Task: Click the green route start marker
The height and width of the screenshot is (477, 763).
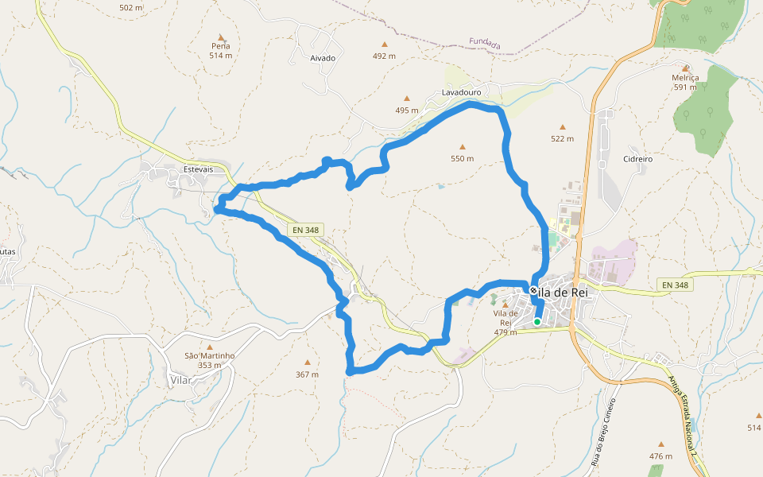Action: point(537,321)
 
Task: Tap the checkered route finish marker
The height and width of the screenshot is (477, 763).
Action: point(533,291)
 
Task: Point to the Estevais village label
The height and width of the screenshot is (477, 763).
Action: point(199,169)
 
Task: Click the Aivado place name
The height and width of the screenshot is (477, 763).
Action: point(323,58)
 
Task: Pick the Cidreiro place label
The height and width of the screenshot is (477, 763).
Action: point(638,159)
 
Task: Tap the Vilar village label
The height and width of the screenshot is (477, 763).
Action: point(182,381)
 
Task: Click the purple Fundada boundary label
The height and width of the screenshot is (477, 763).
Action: point(485,44)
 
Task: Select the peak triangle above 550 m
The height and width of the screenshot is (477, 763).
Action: point(463,146)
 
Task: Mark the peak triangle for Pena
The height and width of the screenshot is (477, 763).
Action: point(221,37)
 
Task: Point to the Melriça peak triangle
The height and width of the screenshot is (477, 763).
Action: point(684,68)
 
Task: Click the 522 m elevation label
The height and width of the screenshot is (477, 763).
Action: point(562,138)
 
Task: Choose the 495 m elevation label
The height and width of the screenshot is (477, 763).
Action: point(406,110)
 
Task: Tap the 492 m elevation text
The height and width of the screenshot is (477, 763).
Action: point(384,56)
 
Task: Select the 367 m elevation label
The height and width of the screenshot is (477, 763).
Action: point(307,374)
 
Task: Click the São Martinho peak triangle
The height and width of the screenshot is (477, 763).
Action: point(210,347)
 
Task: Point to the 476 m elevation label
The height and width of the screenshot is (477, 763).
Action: point(660,456)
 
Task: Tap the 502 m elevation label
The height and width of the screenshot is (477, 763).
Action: point(130,8)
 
